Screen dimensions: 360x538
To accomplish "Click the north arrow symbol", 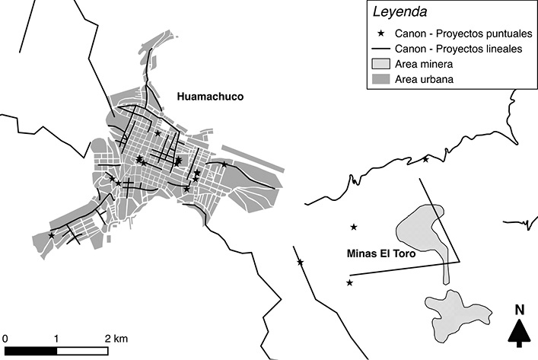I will point(519,333).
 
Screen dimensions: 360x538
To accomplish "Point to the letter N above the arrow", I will point(519,310).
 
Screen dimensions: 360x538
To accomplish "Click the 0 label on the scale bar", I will point(5,337).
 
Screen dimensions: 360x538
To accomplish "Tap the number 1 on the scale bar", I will point(56,337).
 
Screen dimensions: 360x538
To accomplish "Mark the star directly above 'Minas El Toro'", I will point(353,227).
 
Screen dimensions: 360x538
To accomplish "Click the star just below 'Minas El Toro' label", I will point(349,283).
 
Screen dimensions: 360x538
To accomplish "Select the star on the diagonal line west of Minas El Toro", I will point(300,263).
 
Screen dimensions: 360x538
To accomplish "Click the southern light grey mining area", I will point(455,310).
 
